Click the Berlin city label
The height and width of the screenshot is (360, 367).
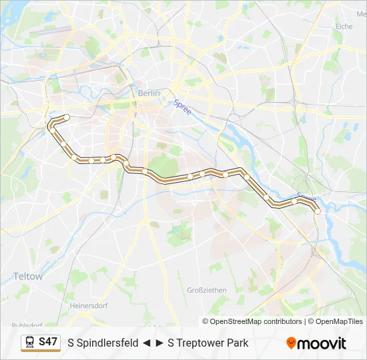149,93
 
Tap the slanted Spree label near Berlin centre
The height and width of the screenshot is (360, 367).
182,107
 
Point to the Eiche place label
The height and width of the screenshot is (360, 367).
344,26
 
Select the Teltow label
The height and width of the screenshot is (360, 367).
27,276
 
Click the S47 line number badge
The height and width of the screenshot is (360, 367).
48,341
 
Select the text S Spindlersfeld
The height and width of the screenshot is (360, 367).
103,343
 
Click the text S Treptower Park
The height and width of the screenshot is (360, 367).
208,343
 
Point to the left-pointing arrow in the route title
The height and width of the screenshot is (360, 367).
146,343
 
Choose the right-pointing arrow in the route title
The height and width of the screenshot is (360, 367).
159,343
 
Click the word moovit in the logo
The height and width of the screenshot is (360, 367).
322,343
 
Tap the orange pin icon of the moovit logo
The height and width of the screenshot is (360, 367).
291,343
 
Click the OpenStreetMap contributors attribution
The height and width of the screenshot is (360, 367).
256,321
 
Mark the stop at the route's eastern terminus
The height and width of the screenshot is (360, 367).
318,211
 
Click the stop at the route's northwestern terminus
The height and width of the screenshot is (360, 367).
67,117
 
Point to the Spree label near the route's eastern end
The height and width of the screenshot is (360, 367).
306,199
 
